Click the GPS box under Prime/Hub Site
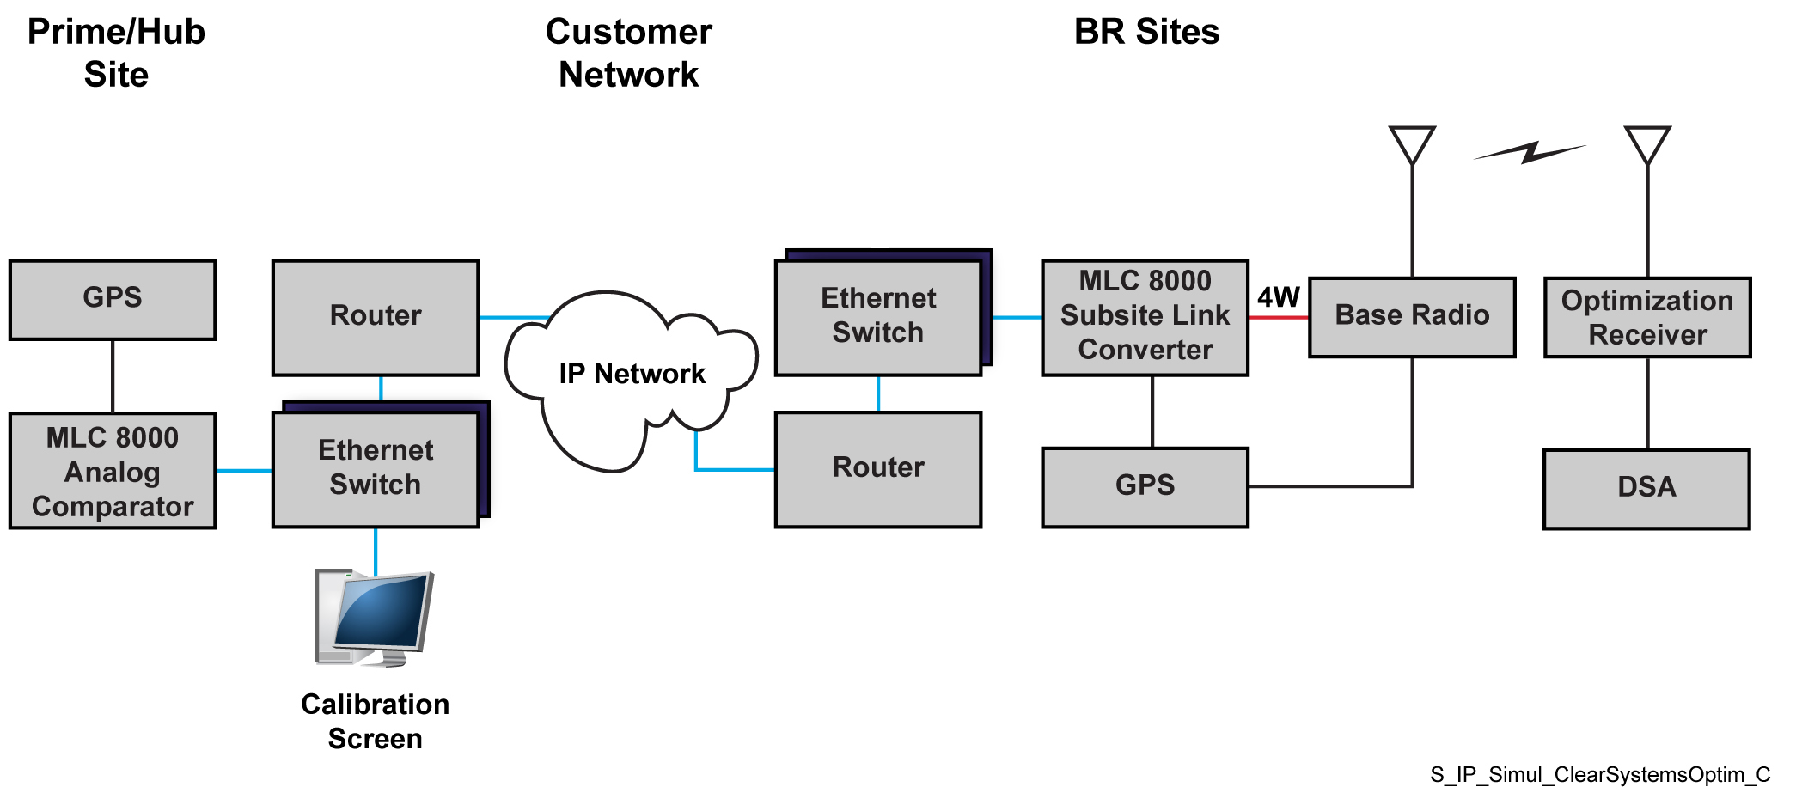(113, 299)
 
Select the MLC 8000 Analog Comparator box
(113, 471)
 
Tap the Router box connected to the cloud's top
(376, 317)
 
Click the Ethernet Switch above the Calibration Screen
(376, 469)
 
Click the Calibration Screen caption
(376, 722)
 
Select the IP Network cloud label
(632, 374)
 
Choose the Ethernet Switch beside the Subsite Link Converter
(878, 316)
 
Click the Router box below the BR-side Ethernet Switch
(878, 468)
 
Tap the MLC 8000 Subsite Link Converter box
(1145, 316)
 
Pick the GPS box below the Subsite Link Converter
(1145, 486)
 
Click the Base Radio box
(1412, 316)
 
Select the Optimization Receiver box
(1647, 317)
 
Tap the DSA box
(1646, 488)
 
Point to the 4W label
(1279, 297)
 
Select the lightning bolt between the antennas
(1530, 153)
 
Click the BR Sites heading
(1146, 33)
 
